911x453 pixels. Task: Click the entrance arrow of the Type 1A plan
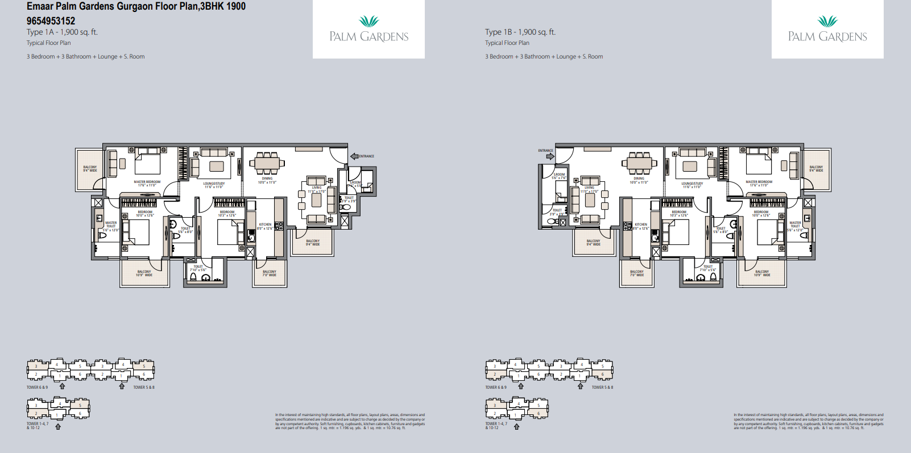point(354,156)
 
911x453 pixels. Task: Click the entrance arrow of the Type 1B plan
point(550,156)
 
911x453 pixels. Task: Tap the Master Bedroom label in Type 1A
point(147,183)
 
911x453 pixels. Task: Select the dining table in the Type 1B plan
point(639,163)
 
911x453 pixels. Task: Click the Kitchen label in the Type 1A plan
point(265,226)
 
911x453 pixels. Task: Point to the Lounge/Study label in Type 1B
point(692,185)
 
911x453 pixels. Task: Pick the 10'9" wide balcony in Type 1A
point(144,273)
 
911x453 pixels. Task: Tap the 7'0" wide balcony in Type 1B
point(637,273)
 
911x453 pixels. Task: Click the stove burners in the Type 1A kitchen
point(279,226)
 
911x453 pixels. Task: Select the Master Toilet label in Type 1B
point(795,225)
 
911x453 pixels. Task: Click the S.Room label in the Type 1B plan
point(559,176)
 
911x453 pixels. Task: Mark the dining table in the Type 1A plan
point(266,163)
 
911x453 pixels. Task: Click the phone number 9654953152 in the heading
point(51,21)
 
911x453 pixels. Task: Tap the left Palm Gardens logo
point(368,30)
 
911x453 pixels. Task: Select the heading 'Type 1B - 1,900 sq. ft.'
point(520,32)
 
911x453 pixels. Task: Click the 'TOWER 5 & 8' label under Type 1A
point(144,388)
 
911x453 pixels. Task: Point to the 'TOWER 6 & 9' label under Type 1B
point(496,388)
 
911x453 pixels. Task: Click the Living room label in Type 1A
point(317,189)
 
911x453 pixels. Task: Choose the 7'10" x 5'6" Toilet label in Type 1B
point(708,268)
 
